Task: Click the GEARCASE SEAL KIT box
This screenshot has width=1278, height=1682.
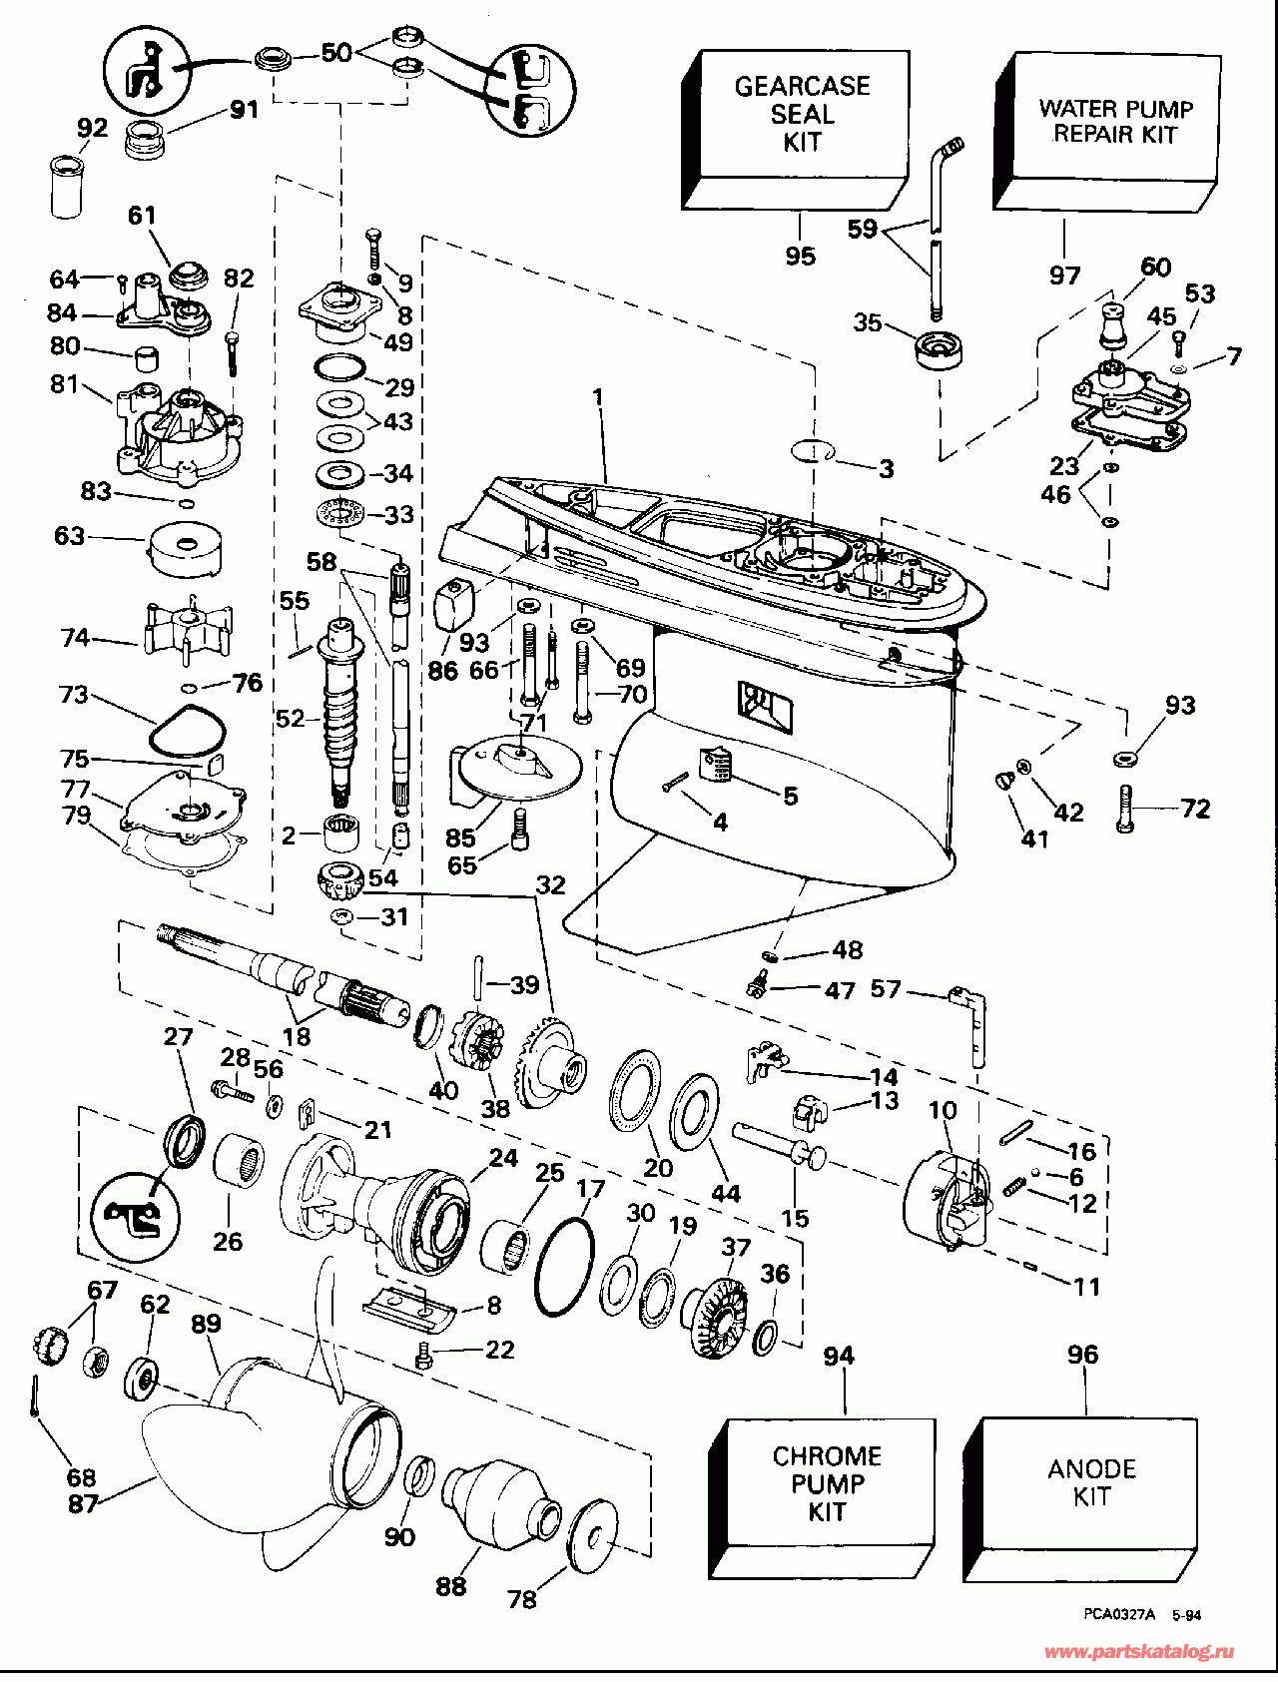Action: [801, 114]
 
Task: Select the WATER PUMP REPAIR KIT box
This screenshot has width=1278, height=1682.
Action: [1115, 122]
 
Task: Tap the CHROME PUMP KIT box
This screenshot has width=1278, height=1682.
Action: [827, 1483]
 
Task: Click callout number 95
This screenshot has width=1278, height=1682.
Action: [800, 257]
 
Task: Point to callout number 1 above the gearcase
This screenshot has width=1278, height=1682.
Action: [598, 397]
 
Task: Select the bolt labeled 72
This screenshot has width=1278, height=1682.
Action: [1126, 810]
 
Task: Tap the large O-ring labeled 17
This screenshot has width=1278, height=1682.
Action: [564, 1267]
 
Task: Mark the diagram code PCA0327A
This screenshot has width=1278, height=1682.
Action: [1119, 1614]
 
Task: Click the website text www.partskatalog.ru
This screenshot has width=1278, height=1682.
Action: [1138, 1652]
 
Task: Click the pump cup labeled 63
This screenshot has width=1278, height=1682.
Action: [186, 548]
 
